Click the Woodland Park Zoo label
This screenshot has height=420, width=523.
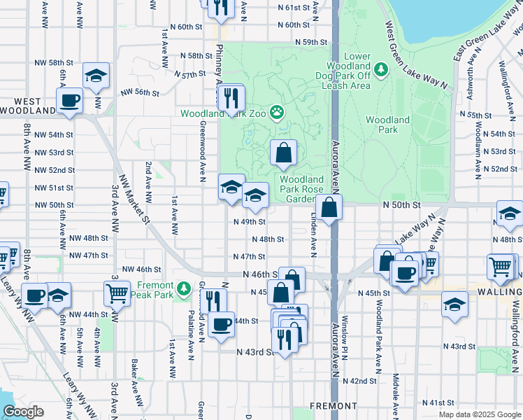(224, 113)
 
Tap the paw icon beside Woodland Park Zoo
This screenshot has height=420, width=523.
(278, 111)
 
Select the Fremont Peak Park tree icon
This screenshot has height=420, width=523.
(183, 287)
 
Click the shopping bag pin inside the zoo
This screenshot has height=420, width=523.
(283, 153)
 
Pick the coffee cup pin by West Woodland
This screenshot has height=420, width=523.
(69, 101)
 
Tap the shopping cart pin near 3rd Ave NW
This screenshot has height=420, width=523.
(117, 293)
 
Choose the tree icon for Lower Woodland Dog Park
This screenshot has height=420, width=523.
(380, 69)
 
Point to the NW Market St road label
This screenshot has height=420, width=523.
(134, 199)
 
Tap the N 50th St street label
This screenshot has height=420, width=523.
(401, 204)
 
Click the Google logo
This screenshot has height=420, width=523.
(23, 412)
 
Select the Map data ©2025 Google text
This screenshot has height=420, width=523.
(479, 414)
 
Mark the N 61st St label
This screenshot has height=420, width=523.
(292, 8)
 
